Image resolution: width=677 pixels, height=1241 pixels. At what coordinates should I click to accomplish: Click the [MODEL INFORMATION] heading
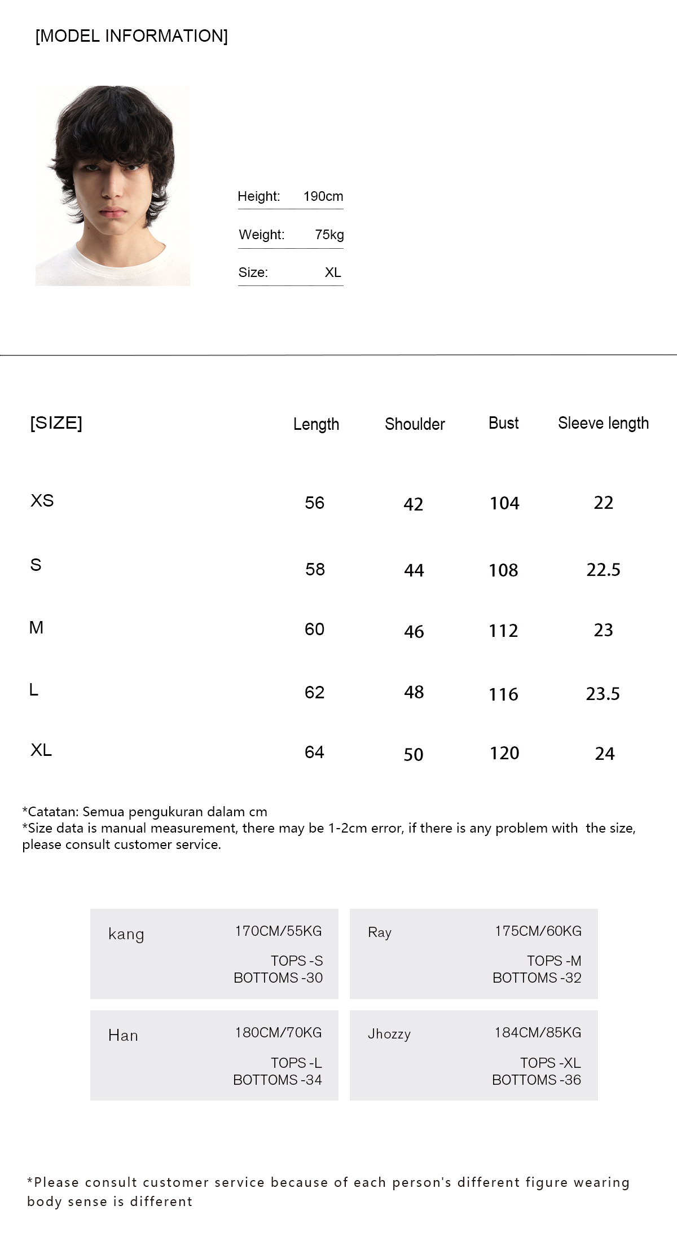pos(131,36)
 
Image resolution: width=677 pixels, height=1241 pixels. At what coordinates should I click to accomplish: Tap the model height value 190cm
pos(323,196)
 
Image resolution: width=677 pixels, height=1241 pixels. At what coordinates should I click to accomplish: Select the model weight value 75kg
pos(329,235)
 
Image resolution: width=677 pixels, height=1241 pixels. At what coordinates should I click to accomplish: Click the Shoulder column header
pos(415,424)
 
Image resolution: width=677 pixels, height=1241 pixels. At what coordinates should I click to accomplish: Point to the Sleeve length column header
pos(603,423)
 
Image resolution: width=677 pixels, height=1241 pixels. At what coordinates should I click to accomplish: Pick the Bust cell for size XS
pos(504,503)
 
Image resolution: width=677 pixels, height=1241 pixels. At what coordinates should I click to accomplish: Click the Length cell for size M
pos(314,629)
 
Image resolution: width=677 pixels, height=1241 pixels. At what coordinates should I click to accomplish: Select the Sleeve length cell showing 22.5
pos(603,570)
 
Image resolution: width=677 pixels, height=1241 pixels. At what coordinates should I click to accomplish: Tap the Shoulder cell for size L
pos(414,692)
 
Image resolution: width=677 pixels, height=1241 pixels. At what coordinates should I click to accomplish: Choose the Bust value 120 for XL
pos(504,753)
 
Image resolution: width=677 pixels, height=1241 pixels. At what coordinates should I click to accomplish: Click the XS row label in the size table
pos(42,500)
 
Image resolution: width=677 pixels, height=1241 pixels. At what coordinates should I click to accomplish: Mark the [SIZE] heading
pos(56,423)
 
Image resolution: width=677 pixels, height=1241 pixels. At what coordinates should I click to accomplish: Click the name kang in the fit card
pos(126,934)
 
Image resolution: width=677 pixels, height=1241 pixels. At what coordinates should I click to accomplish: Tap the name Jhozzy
pos(389,1034)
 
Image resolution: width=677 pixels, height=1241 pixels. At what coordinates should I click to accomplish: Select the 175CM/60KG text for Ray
pos(538,931)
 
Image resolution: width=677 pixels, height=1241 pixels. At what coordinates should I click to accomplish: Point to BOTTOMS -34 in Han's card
pos(278,1080)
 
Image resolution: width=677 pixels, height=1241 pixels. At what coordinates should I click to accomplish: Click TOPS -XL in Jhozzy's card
pos(550,1063)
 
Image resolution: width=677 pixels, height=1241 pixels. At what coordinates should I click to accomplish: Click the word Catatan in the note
pos(53,812)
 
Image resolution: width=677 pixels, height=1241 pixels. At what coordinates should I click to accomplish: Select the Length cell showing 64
pos(314,752)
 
